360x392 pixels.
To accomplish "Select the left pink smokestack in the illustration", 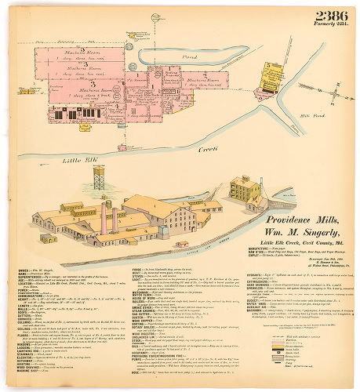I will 103,216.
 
